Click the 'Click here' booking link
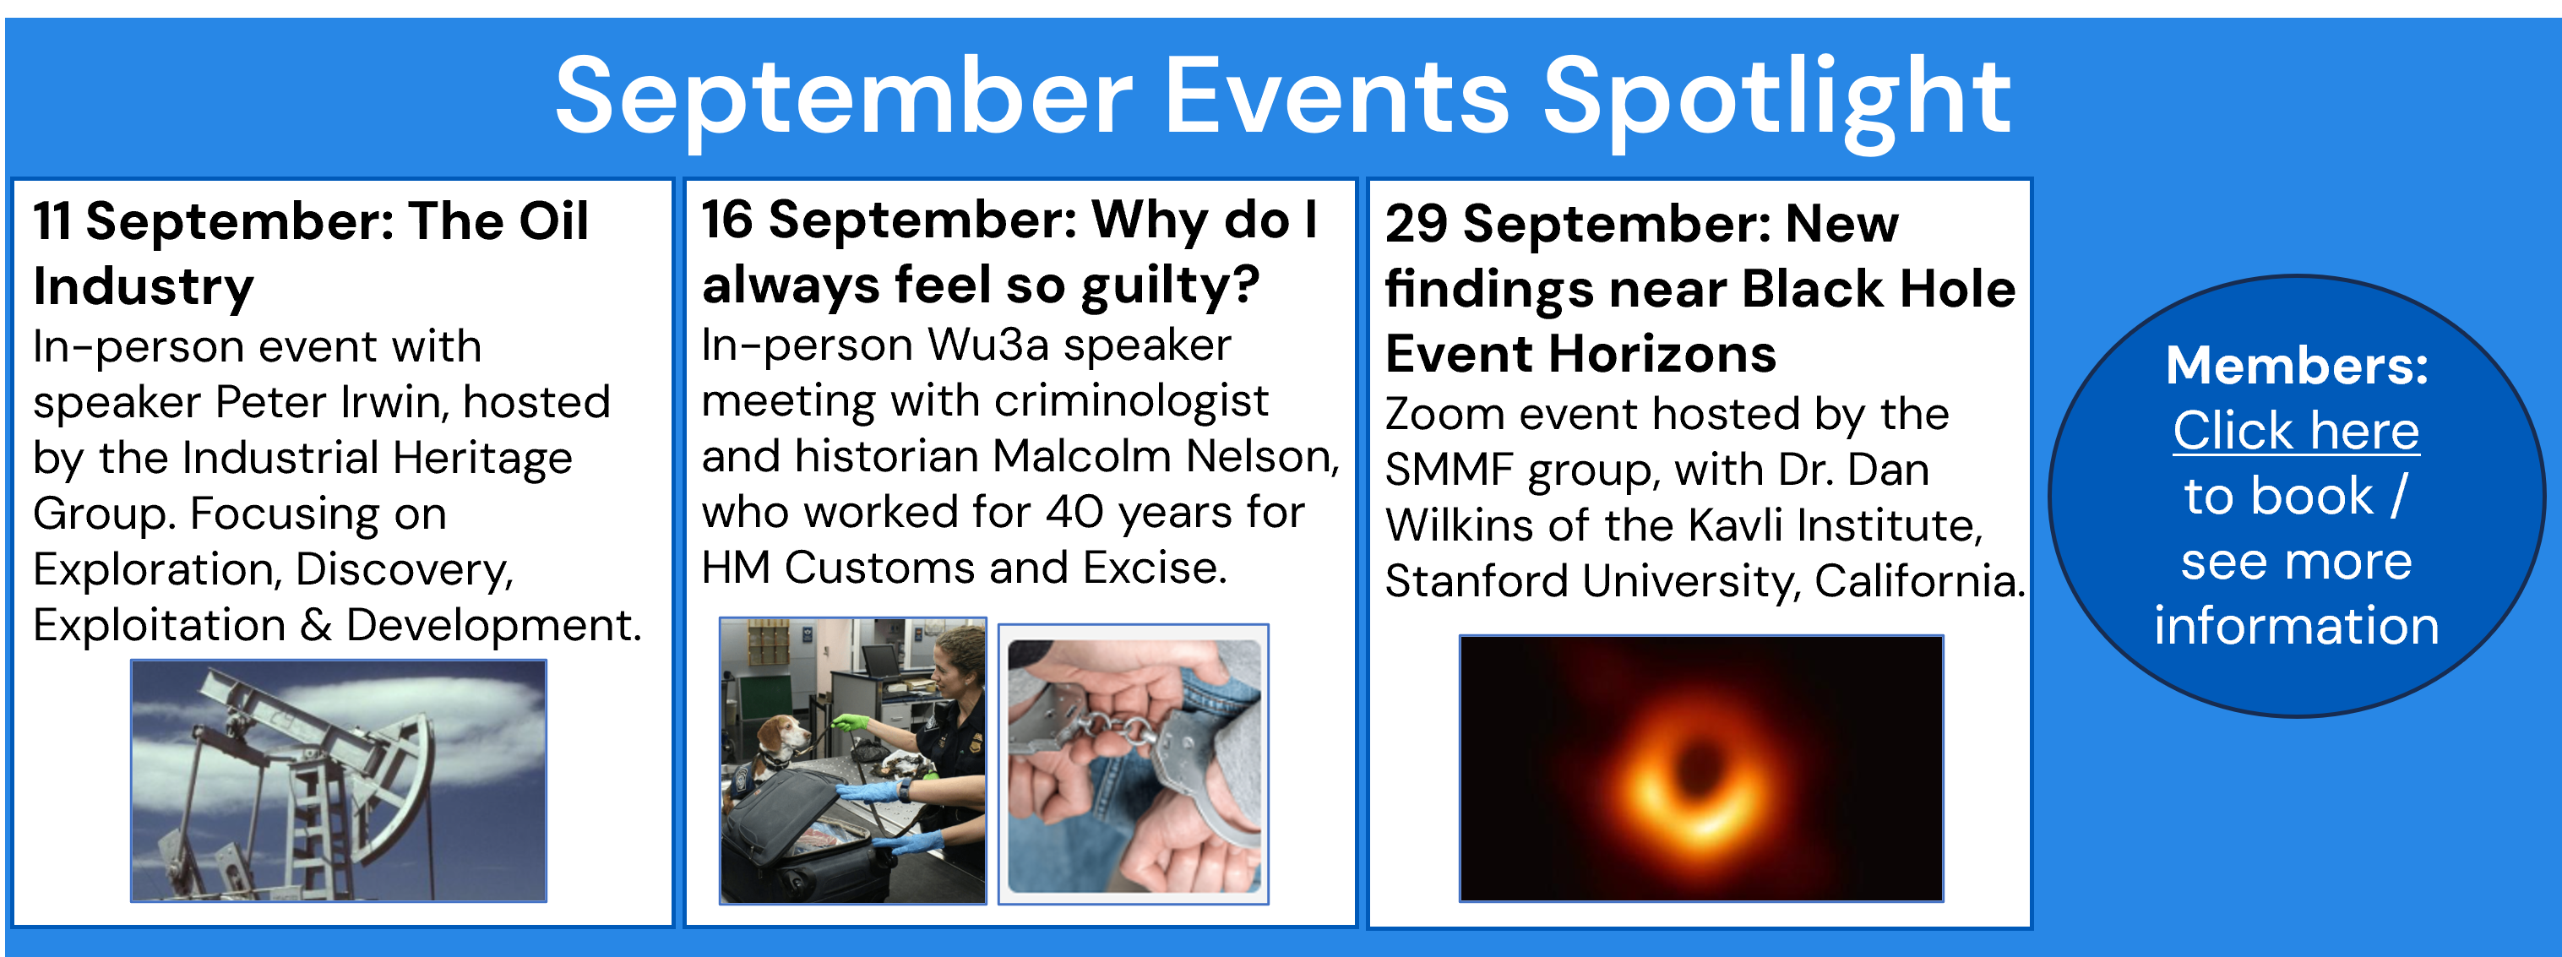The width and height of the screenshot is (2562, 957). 2295,431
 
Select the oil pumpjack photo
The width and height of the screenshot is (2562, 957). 339,781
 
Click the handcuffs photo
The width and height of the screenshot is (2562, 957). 1134,764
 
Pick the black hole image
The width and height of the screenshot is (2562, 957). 1700,769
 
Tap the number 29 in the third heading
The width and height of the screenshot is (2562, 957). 1417,223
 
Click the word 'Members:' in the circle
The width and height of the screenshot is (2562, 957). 2298,365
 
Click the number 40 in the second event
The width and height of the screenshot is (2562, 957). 1074,513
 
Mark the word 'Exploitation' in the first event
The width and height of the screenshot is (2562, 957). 159,626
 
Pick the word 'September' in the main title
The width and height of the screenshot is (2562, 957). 845,97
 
